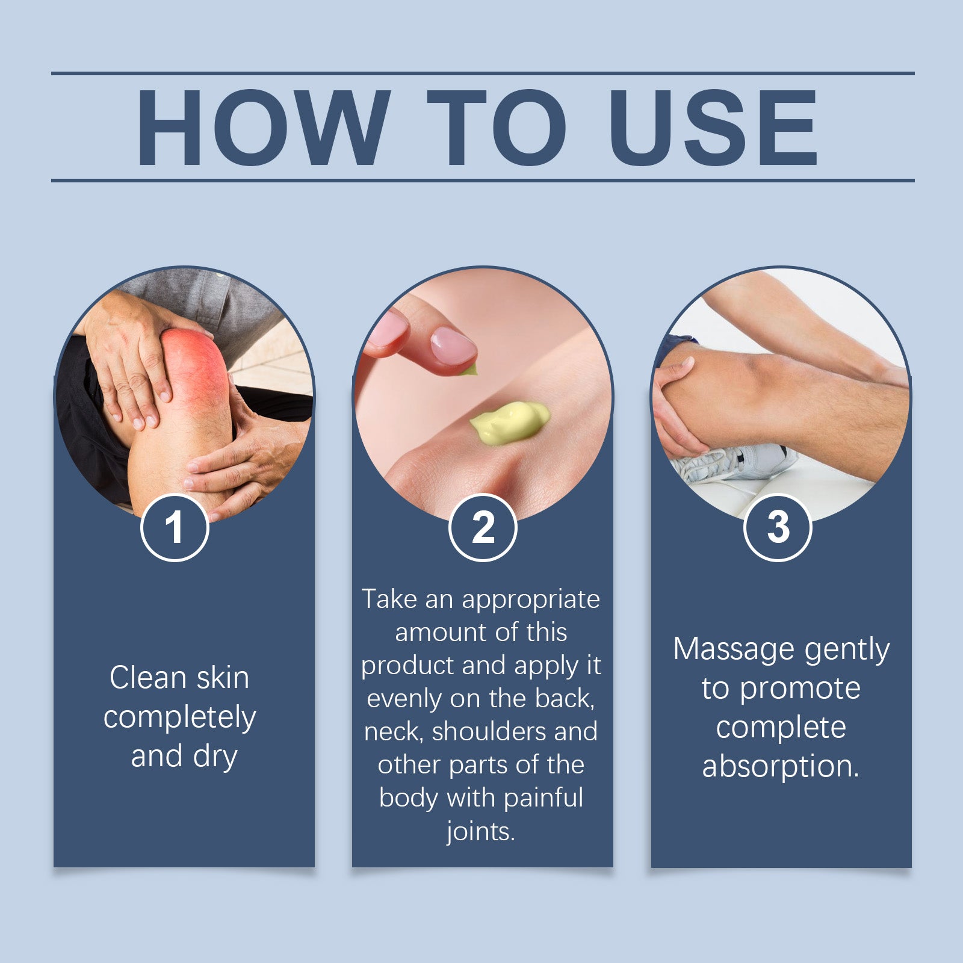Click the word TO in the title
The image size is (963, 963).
tap(497, 128)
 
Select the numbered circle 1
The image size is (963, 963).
tap(175, 527)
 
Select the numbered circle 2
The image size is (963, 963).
tap(483, 527)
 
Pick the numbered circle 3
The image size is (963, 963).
tap(778, 527)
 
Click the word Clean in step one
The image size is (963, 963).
tap(148, 678)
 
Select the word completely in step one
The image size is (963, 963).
tap(179, 717)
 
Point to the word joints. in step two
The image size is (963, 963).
tap(480, 832)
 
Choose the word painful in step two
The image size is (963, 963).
tap(543, 798)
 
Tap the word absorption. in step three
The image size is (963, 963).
tap(781, 767)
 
